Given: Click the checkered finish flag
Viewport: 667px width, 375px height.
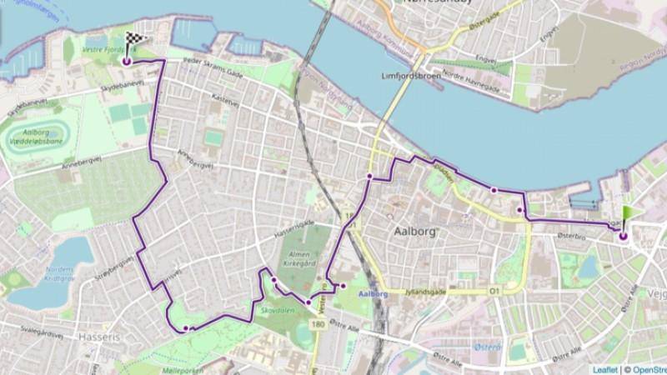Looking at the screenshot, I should pos(135,38).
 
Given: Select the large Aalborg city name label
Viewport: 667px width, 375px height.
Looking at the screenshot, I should pos(414,230).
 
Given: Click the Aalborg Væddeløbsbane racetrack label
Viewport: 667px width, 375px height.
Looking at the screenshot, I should pos(38,139).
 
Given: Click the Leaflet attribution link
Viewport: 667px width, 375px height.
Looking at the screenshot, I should pos(605,369).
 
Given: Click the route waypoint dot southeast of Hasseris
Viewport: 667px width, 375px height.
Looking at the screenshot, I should pos(185,328).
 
